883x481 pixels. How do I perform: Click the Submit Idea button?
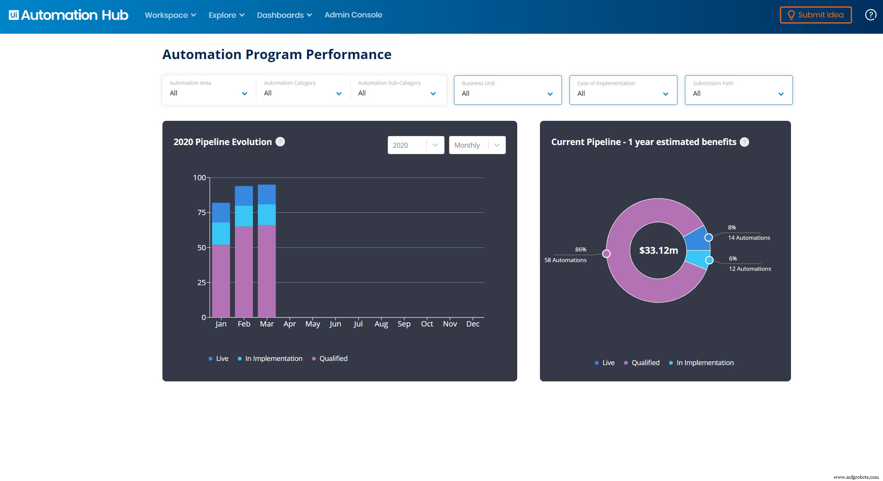pyautogui.click(x=816, y=15)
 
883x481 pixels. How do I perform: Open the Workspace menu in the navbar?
pyautogui.click(x=170, y=15)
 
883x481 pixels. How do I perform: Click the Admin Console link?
pyautogui.click(x=353, y=15)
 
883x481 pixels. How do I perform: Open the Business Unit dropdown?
pyautogui.click(x=507, y=90)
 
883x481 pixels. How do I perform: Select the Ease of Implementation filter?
pyautogui.click(x=623, y=90)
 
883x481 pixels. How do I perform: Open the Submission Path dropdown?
pyautogui.click(x=738, y=90)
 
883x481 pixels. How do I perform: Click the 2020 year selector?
pyautogui.click(x=415, y=145)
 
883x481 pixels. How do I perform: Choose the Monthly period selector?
pyautogui.click(x=477, y=145)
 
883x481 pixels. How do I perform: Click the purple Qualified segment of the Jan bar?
pyautogui.click(x=221, y=280)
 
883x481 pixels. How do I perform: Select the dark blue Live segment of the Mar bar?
pyautogui.click(x=267, y=194)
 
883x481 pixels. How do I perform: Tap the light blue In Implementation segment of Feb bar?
pyautogui.click(x=244, y=216)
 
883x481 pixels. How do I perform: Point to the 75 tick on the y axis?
pyautogui.click(x=202, y=212)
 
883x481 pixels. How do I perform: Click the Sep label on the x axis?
pyautogui.click(x=404, y=324)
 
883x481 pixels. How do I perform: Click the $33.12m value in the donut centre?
pyautogui.click(x=658, y=250)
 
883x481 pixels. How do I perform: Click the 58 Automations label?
pyautogui.click(x=565, y=260)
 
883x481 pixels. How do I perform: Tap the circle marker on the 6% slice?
pyautogui.click(x=709, y=260)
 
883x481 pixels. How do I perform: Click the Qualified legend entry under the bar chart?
pyautogui.click(x=333, y=359)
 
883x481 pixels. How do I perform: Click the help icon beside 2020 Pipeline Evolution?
pyautogui.click(x=280, y=142)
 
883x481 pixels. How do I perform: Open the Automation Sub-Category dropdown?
pyautogui.click(x=397, y=90)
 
